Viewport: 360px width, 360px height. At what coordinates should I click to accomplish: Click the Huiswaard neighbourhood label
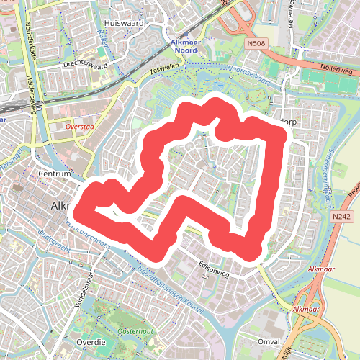pyautogui.click(x=124, y=23)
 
